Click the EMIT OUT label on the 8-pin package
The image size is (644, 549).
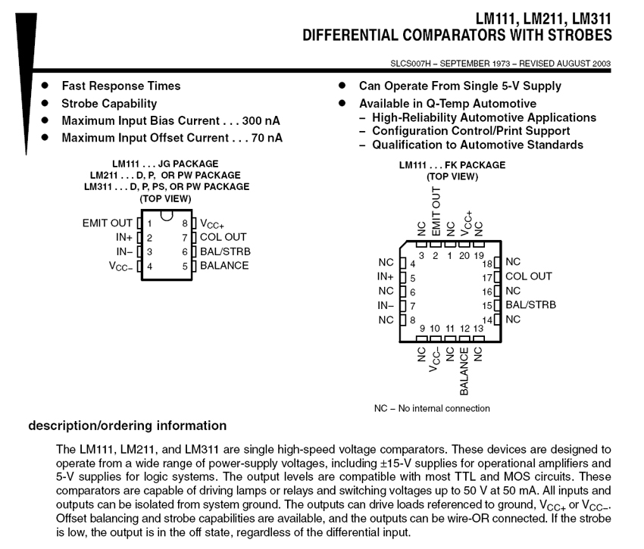107,223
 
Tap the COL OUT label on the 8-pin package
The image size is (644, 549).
224,237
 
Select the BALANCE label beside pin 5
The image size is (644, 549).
224,265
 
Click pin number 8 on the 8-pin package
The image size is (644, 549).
184,223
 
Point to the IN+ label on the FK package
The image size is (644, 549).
386,277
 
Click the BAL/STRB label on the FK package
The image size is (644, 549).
530,305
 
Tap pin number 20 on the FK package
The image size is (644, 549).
464,256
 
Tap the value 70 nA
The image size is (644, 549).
265,137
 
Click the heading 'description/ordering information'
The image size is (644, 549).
127,426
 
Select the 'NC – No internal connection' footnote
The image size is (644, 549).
432,409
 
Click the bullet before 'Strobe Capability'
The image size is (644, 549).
45,103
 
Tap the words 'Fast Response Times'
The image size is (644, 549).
121,86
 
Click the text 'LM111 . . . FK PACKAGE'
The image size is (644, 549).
452,165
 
